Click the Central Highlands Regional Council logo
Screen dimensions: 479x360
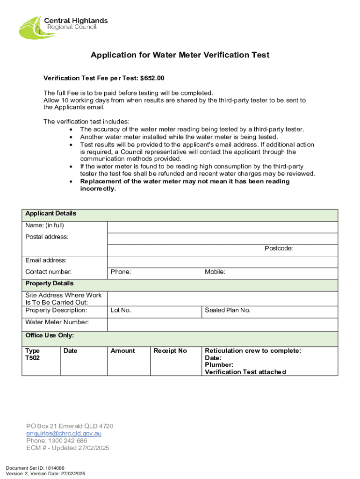[63, 26]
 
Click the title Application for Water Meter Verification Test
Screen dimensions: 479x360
[180, 55]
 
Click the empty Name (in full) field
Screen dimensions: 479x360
[223, 227]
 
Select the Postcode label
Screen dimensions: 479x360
[279, 248]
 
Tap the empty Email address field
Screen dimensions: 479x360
[223, 261]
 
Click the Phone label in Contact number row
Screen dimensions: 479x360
[121, 272]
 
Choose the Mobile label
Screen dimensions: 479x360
[215, 272]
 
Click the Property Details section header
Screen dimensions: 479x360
[49, 283]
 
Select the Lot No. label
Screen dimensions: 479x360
[121, 310]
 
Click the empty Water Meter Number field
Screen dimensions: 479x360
[223, 324]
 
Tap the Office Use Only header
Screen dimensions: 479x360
[49, 335]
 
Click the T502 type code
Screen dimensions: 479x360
[33, 358]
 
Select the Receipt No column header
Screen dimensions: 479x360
[170, 351]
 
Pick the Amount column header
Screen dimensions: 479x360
[122, 351]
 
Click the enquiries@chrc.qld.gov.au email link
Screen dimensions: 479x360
[64, 434]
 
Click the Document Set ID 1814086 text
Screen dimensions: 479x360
[35, 468]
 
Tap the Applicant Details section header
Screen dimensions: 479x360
[50, 213]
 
